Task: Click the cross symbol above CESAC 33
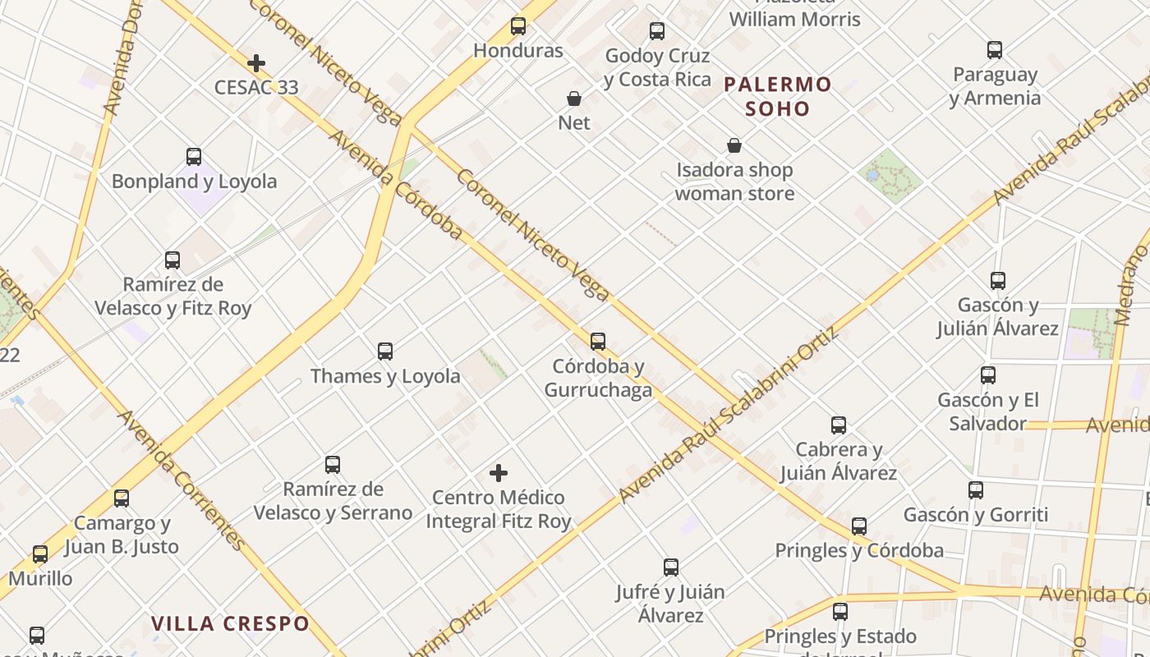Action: pyautogui.click(x=256, y=63)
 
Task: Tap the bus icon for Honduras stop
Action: pyautogui.click(x=518, y=26)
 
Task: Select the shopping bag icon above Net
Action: pyautogui.click(x=574, y=99)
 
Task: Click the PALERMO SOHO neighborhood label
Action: pyautogui.click(x=778, y=96)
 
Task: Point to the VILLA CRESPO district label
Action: pyautogui.click(x=230, y=623)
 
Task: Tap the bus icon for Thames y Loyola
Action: pyautogui.click(x=385, y=351)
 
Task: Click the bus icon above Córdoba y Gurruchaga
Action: pyautogui.click(x=598, y=342)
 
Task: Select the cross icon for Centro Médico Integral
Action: pyautogui.click(x=499, y=473)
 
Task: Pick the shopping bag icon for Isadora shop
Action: pyautogui.click(x=734, y=146)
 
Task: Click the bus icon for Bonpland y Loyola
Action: pyautogui.click(x=194, y=157)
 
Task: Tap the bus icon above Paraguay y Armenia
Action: pyautogui.click(x=995, y=50)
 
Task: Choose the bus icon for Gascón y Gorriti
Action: pyautogui.click(x=976, y=490)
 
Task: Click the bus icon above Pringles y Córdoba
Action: pyautogui.click(x=859, y=526)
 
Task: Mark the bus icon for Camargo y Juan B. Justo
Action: pyautogui.click(x=122, y=498)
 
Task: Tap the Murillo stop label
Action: pyautogui.click(x=41, y=578)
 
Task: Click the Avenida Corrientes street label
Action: pyautogui.click(x=182, y=480)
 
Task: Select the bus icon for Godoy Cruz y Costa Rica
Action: pyautogui.click(x=657, y=31)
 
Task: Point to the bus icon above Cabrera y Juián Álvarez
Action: pyautogui.click(x=839, y=425)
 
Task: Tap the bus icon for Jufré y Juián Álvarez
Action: pyautogui.click(x=671, y=567)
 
